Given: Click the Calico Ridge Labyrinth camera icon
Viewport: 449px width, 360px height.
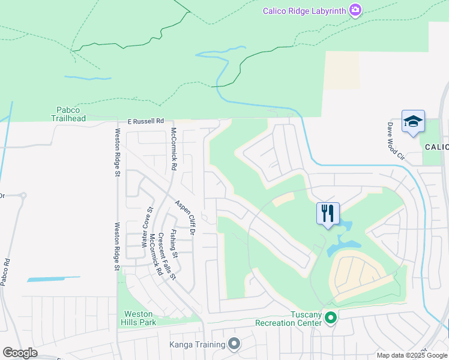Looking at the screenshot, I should point(355,10).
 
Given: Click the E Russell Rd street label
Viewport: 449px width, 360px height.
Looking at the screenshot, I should point(145,121).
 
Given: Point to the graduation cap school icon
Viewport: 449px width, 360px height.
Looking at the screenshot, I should point(413,122).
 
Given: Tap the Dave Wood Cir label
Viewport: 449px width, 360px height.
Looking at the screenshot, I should point(396,142).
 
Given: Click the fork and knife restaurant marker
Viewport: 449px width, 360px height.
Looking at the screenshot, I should point(328,213).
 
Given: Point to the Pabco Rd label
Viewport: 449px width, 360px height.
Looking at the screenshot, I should point(6,271).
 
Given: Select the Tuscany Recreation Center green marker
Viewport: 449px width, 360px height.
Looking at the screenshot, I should point(330,318).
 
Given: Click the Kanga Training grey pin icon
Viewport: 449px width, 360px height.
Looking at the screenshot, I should point(234,344).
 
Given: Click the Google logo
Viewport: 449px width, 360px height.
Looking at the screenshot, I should point(20,353).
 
